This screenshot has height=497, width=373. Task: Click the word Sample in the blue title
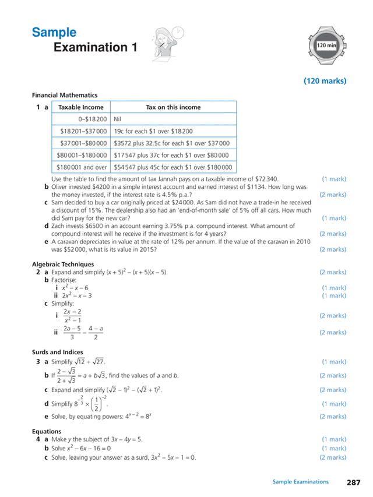(x=54, y=33)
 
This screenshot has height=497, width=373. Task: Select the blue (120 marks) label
(x=325, y=81)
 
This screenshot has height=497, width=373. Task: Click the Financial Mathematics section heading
(x=65, y=95)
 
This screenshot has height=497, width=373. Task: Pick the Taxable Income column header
(x=81, y=107)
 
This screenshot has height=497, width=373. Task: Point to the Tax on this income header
(x=173, y=107)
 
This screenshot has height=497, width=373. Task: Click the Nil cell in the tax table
(x=118, y=119)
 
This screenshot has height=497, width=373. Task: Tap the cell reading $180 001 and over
(x=82, y=167)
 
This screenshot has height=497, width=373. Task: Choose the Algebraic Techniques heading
(x=63, y=264)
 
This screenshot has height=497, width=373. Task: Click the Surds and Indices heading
(x=58, y=352)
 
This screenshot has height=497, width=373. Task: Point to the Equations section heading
(x=47, y=431)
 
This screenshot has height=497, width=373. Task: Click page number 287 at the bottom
(x=353, y=482)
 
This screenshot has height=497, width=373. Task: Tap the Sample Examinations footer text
(x=300, y=482)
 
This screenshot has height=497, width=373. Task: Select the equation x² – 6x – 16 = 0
(x=76, y=449)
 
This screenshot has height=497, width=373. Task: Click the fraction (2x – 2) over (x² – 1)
(x=72, y=316)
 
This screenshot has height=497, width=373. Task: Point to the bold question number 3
(x=38, y=362)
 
